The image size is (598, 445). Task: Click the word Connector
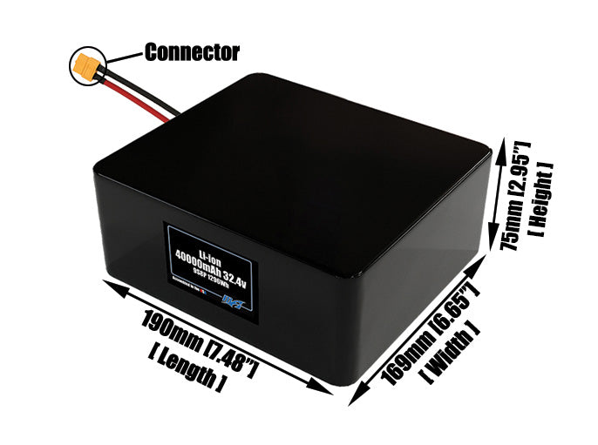(192, 52)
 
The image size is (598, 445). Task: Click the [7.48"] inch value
(230, 354)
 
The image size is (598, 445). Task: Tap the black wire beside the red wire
(148, 102)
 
